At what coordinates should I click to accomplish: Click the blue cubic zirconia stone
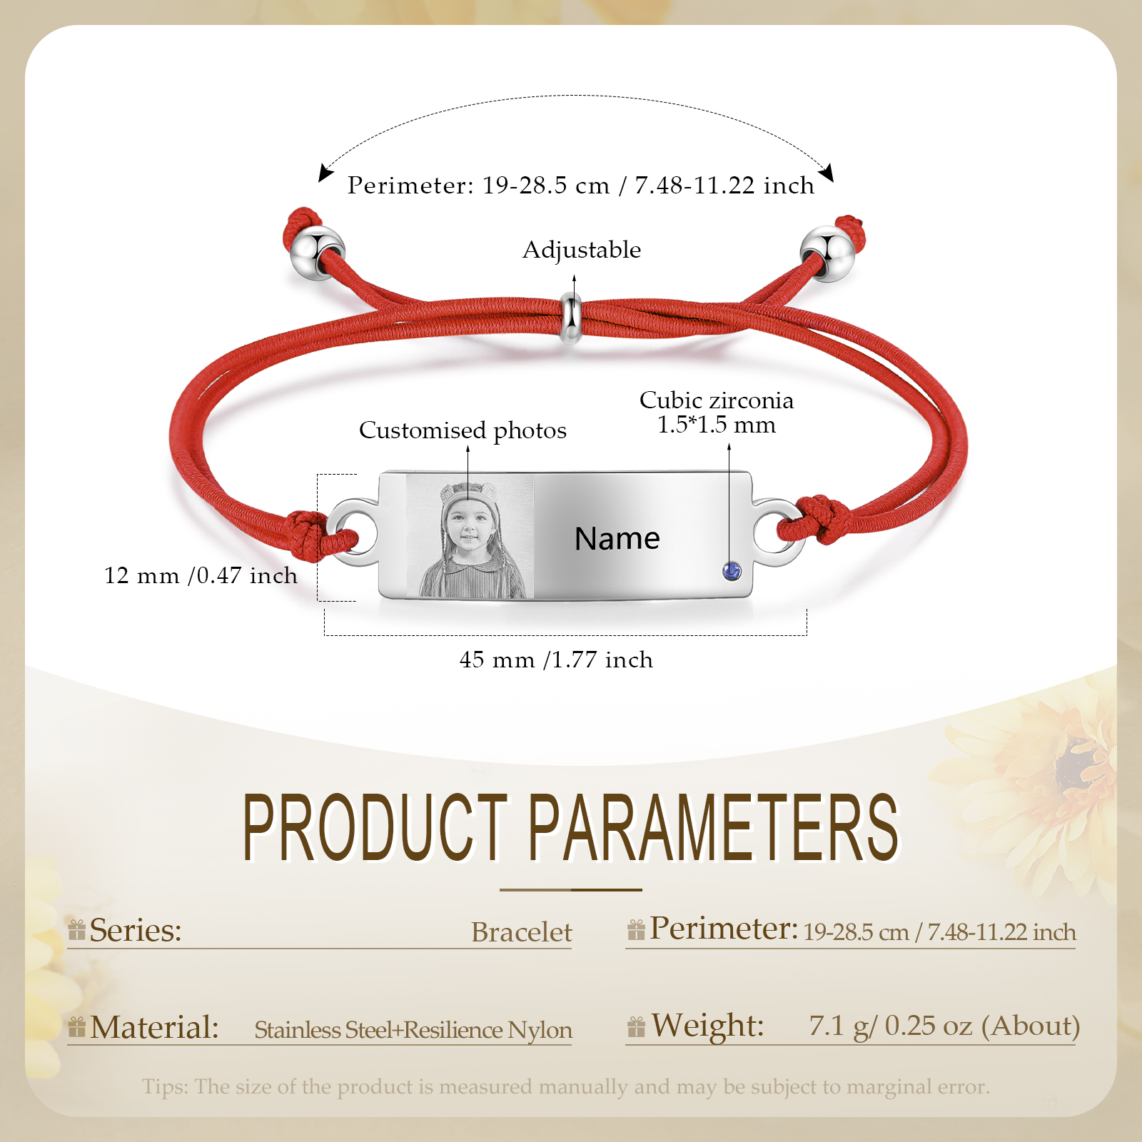732,570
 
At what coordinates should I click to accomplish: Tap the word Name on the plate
617,538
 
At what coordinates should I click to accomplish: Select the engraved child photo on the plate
470,536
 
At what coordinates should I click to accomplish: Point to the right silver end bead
827,254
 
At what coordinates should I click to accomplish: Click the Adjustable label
582,250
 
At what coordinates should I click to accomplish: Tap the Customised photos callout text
463,430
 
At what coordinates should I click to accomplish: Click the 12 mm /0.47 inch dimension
201,575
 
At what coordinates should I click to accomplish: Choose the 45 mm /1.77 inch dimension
556,660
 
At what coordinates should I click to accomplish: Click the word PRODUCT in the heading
375,827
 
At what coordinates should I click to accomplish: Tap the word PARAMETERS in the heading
714,827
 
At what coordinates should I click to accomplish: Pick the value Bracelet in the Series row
522,932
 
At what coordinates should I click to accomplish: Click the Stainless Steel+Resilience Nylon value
413,1030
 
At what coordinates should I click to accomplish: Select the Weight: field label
707,1026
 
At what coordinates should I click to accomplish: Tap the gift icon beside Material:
77,1027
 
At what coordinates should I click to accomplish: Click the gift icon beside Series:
77,930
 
